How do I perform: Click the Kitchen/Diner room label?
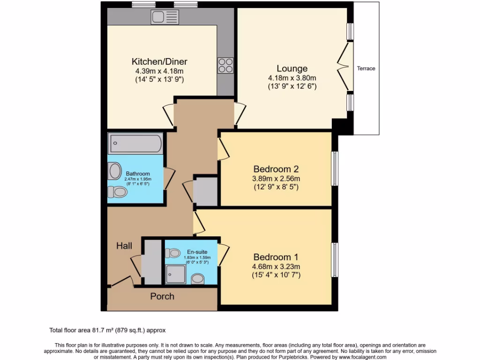[x=159, y=61]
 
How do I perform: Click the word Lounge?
[x=292, y=68]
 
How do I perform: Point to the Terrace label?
[x=366, y=68]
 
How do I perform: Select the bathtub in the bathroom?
[x=135, y=144]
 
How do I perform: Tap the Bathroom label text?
[x=137, y=174]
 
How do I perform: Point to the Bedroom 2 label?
[x=276, y=169]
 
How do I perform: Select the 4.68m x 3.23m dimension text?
[x=277, y=266]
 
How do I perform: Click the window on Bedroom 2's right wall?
[x=335, y=169]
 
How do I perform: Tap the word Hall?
[x=124, y=246]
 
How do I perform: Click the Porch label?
[x=162, y=296]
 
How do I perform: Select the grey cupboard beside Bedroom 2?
[x=205, y=191]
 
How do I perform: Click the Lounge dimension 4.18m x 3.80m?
[x=292, y=78]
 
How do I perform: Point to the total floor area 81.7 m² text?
[x=107, y=330]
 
